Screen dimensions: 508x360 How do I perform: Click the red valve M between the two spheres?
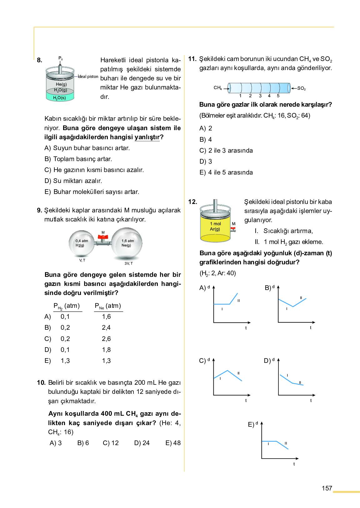pyautogui.click(x=103, y=238)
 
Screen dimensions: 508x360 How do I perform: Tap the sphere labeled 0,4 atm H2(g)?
pyautogui.click(x=81, y=243)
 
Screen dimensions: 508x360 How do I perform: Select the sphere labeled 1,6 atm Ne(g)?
pyautogui.click(x=127, y=243)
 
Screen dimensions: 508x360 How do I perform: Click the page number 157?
pyautogui.click(x=327, y=488)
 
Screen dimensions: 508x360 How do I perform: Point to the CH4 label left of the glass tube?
pyautogui.click(x=217, y=88)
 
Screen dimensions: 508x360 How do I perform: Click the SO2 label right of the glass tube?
pyautogui.click(x=301, y=89)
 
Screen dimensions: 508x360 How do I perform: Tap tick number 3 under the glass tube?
pyautogui.click(x=260, y=96)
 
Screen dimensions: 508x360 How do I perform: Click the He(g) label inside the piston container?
pyautogui.click(x=61, y=84)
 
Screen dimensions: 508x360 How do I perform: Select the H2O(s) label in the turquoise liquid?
pyautogui.click(x=59, y=98)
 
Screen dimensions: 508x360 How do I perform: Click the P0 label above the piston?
pyautogui.click(x=61, y=58)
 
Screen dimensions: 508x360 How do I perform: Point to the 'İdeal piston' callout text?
pyautogui.click(x=88, y=77)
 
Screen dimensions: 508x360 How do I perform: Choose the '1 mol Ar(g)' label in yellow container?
pyautogui.click(x=215, y=226)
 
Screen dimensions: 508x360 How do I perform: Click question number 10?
pyautogui.click(x=41, y=383)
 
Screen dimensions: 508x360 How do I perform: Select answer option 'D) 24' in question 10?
pyautogui.click(x=142, y=443)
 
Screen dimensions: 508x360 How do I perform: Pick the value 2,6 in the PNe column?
pyautogui.click(x=106, y=339)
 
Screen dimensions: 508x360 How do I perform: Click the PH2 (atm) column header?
pyautogui.click(x=67, y=306)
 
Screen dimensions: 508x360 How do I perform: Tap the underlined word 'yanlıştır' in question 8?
pyautogui.click(x=147, y=137)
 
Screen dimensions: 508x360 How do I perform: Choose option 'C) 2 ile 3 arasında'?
pyautogui.click(x=226, y=150)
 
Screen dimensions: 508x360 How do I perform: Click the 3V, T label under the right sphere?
pyautogui.click(x=128, y=263)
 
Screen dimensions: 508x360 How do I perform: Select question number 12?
pyautogui.click(x=192, y=202)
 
